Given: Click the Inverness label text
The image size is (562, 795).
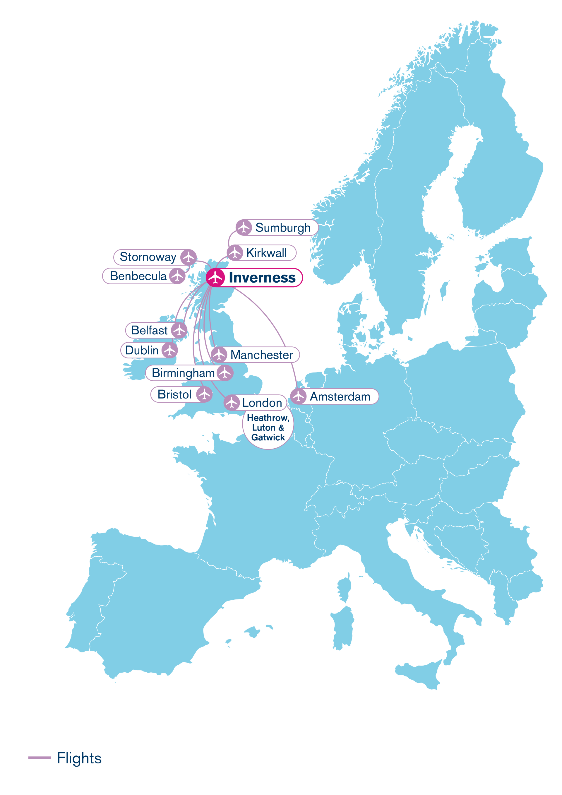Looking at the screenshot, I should point(262,278).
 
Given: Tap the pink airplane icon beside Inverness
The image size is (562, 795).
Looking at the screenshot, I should point(215,277).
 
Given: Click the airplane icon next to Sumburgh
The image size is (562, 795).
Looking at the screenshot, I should point(244,228).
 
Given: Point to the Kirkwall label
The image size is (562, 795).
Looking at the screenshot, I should point(266,253).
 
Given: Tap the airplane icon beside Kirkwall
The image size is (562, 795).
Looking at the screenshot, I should point(235,253).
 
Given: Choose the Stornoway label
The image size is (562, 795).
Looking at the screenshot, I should point(148,257).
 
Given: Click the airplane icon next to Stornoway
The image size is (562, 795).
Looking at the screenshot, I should point(188,257).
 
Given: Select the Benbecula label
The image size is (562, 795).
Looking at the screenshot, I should point(138,276).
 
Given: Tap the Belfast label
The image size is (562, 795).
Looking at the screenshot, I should point(149,330).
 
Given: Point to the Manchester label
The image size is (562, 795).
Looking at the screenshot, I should point(262,355).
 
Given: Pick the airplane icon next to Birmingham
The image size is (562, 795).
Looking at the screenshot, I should point(225,373).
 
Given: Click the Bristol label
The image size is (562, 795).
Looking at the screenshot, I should point(174,394).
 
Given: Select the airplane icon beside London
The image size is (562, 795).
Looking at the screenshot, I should point(232,403).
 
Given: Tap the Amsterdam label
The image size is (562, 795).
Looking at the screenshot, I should point(340,396).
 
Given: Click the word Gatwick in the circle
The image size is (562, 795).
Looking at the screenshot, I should point(268,437).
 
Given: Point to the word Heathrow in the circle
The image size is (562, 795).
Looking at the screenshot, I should point(268,418).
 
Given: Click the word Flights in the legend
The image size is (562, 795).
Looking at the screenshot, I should point(79,758).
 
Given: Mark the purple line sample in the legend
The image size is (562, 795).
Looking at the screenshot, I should point(40,758).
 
